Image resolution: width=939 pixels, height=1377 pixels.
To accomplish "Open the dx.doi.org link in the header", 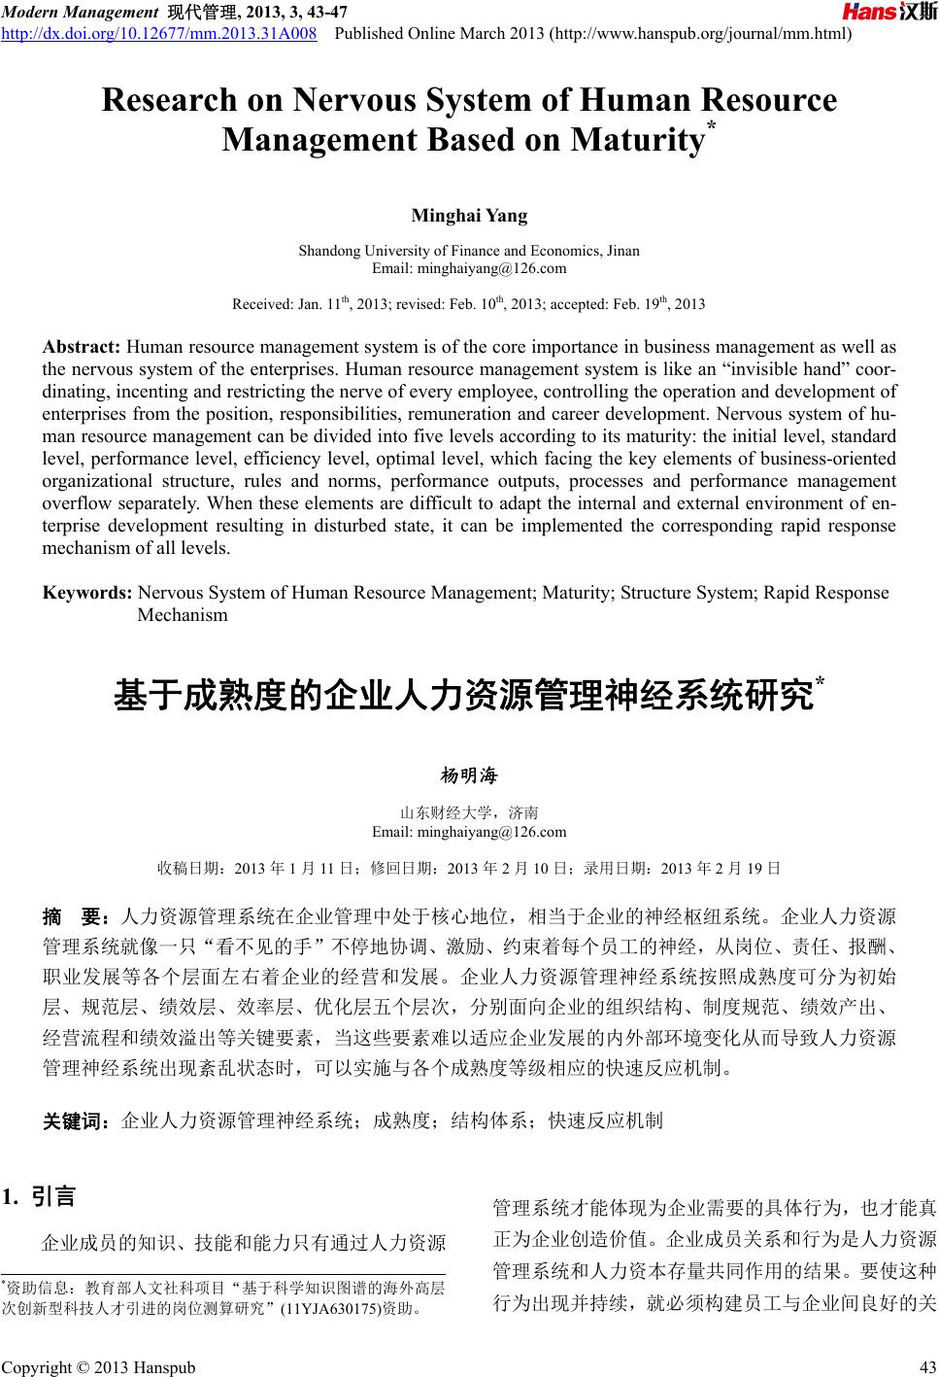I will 160,36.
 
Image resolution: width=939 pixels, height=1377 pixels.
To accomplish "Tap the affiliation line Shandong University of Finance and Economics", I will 469,251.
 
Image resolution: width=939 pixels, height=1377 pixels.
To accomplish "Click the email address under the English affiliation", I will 469,268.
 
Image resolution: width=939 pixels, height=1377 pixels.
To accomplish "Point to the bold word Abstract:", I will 83,347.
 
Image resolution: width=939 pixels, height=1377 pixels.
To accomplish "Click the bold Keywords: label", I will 88,593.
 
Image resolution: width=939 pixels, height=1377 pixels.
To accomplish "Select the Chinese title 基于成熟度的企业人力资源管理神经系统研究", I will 464,696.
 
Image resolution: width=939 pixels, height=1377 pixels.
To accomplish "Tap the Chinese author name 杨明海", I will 469,775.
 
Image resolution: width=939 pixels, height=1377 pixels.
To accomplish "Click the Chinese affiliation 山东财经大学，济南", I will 469,813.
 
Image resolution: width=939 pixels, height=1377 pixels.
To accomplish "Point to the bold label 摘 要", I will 79,916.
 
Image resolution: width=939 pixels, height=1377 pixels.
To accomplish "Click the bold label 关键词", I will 81,1121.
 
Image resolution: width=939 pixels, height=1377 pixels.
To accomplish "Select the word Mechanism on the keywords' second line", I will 183,615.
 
